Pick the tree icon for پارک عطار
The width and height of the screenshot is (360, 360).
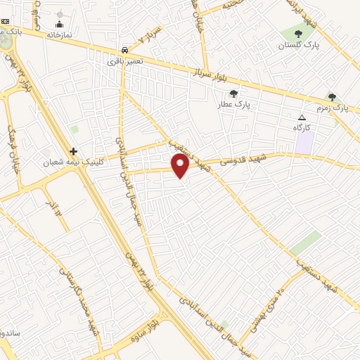[x=233, y=93]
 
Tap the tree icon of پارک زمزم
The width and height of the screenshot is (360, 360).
[x=332, y=97]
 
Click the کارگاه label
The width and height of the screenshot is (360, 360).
[x=302, y=128]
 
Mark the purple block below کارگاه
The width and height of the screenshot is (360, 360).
[x=304, y=143]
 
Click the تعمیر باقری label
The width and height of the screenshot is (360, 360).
[x=125, y=62]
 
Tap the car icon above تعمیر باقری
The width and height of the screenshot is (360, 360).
[x=124, y=50]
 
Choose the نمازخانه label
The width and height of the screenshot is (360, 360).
[x=60, y=34]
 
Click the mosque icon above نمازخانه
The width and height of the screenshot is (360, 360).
[x=59, y=24]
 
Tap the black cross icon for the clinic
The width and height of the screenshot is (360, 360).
[x=73, y=151]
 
